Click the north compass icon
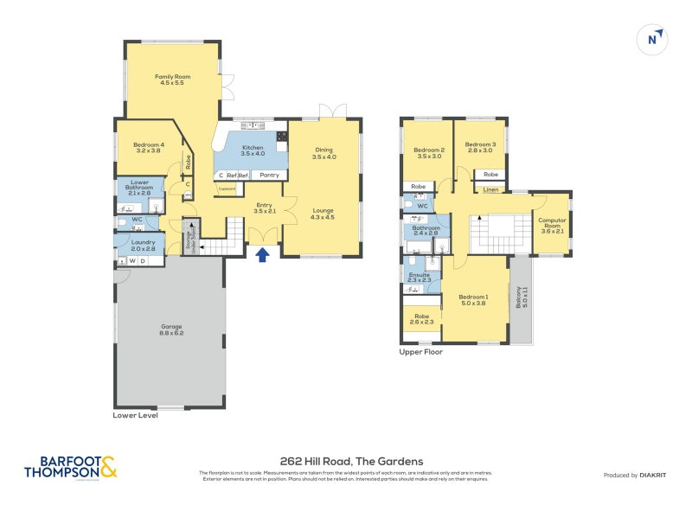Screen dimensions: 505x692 pos(654,39)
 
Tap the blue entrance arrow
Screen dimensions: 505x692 pos(262,253)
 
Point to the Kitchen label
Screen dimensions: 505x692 pos(253,150)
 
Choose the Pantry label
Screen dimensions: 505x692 pos(269,176)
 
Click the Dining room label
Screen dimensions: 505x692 pos(324,153)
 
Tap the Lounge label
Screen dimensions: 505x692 pos(323,214)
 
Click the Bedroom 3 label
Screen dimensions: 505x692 pos(480,148)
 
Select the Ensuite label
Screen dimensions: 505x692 pos(419,277)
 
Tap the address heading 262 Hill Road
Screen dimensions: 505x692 pos(345,461)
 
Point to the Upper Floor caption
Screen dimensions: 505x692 pos(420,352)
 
